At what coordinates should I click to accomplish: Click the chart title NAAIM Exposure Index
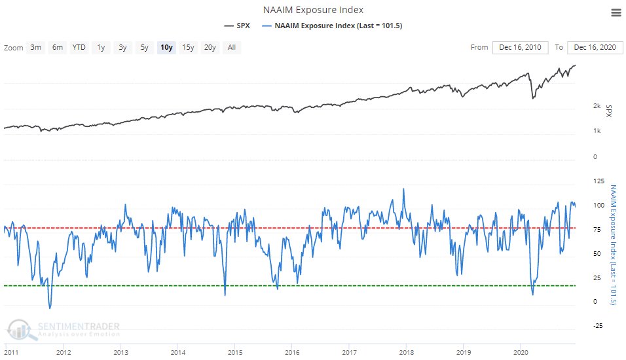[313, 10]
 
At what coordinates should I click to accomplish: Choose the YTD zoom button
[79, 47]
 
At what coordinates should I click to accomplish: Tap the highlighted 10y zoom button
[166, 47]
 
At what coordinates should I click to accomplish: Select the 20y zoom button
[210, 47]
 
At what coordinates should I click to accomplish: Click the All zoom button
[232, 47]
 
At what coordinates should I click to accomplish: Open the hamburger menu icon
[615, 12]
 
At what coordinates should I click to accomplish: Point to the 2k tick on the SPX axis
[597, 106]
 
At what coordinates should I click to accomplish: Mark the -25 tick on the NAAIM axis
[597, 326]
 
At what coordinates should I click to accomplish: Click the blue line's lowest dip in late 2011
[49, 308]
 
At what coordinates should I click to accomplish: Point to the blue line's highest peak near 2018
[403, 189]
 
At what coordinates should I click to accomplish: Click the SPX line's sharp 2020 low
[533, 98]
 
